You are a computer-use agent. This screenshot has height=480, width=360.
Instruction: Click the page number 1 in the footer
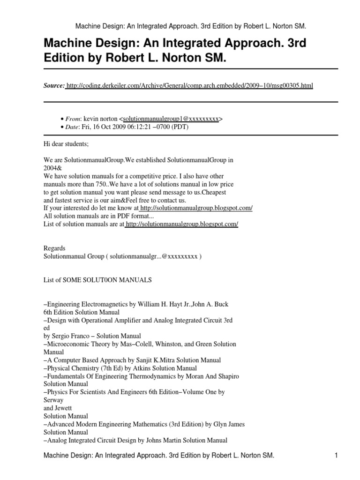point(336,456)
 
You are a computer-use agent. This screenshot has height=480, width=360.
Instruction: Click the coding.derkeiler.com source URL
point(190,86)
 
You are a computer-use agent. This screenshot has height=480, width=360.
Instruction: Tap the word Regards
point(54,248)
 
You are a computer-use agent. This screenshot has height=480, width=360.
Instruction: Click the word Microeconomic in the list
point(68,344)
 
